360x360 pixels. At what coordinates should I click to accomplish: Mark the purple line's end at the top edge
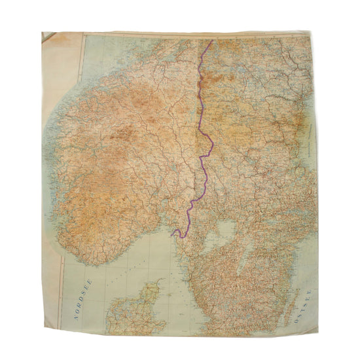pos(211,41)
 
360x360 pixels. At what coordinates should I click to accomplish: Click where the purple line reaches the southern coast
pos(173,234)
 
